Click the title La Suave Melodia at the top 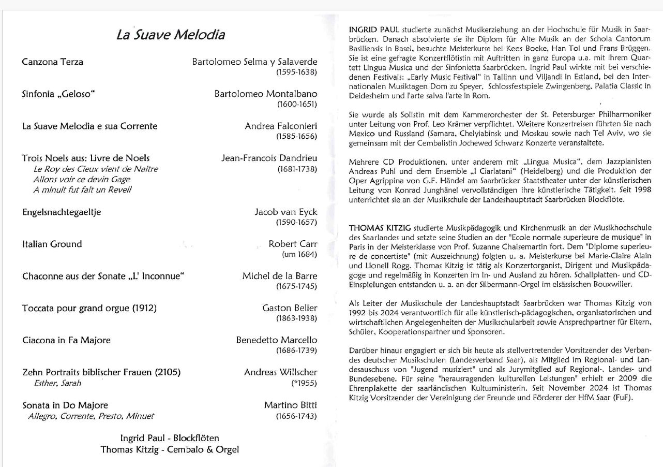(170, 35)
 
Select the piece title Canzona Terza (52, 62)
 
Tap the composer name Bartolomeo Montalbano (266, 94)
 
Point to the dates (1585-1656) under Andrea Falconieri (296, 137)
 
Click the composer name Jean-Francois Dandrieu (269, 158)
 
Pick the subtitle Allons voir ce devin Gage (81, 180)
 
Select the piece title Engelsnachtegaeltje (62, 212)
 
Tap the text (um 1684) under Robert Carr (299, 254)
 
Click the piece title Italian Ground (52, 244)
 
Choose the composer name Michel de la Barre (280, 276)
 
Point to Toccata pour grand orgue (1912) (89, 309)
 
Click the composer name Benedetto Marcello (277, 340)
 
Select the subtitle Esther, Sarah (57, 383)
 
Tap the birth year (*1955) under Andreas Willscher (304, 383)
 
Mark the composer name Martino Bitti (291, 405)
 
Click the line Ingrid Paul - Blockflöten (170, 439)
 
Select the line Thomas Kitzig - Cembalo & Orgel (170, 449)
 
